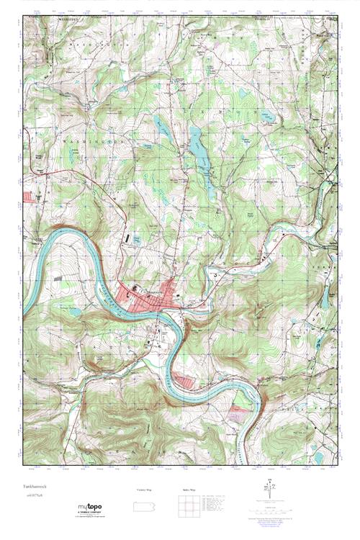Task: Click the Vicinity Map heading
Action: coord(145,490)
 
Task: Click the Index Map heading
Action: coord(185,490)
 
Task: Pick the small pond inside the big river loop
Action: coord(76,311)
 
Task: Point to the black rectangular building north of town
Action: coord(128,235)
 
